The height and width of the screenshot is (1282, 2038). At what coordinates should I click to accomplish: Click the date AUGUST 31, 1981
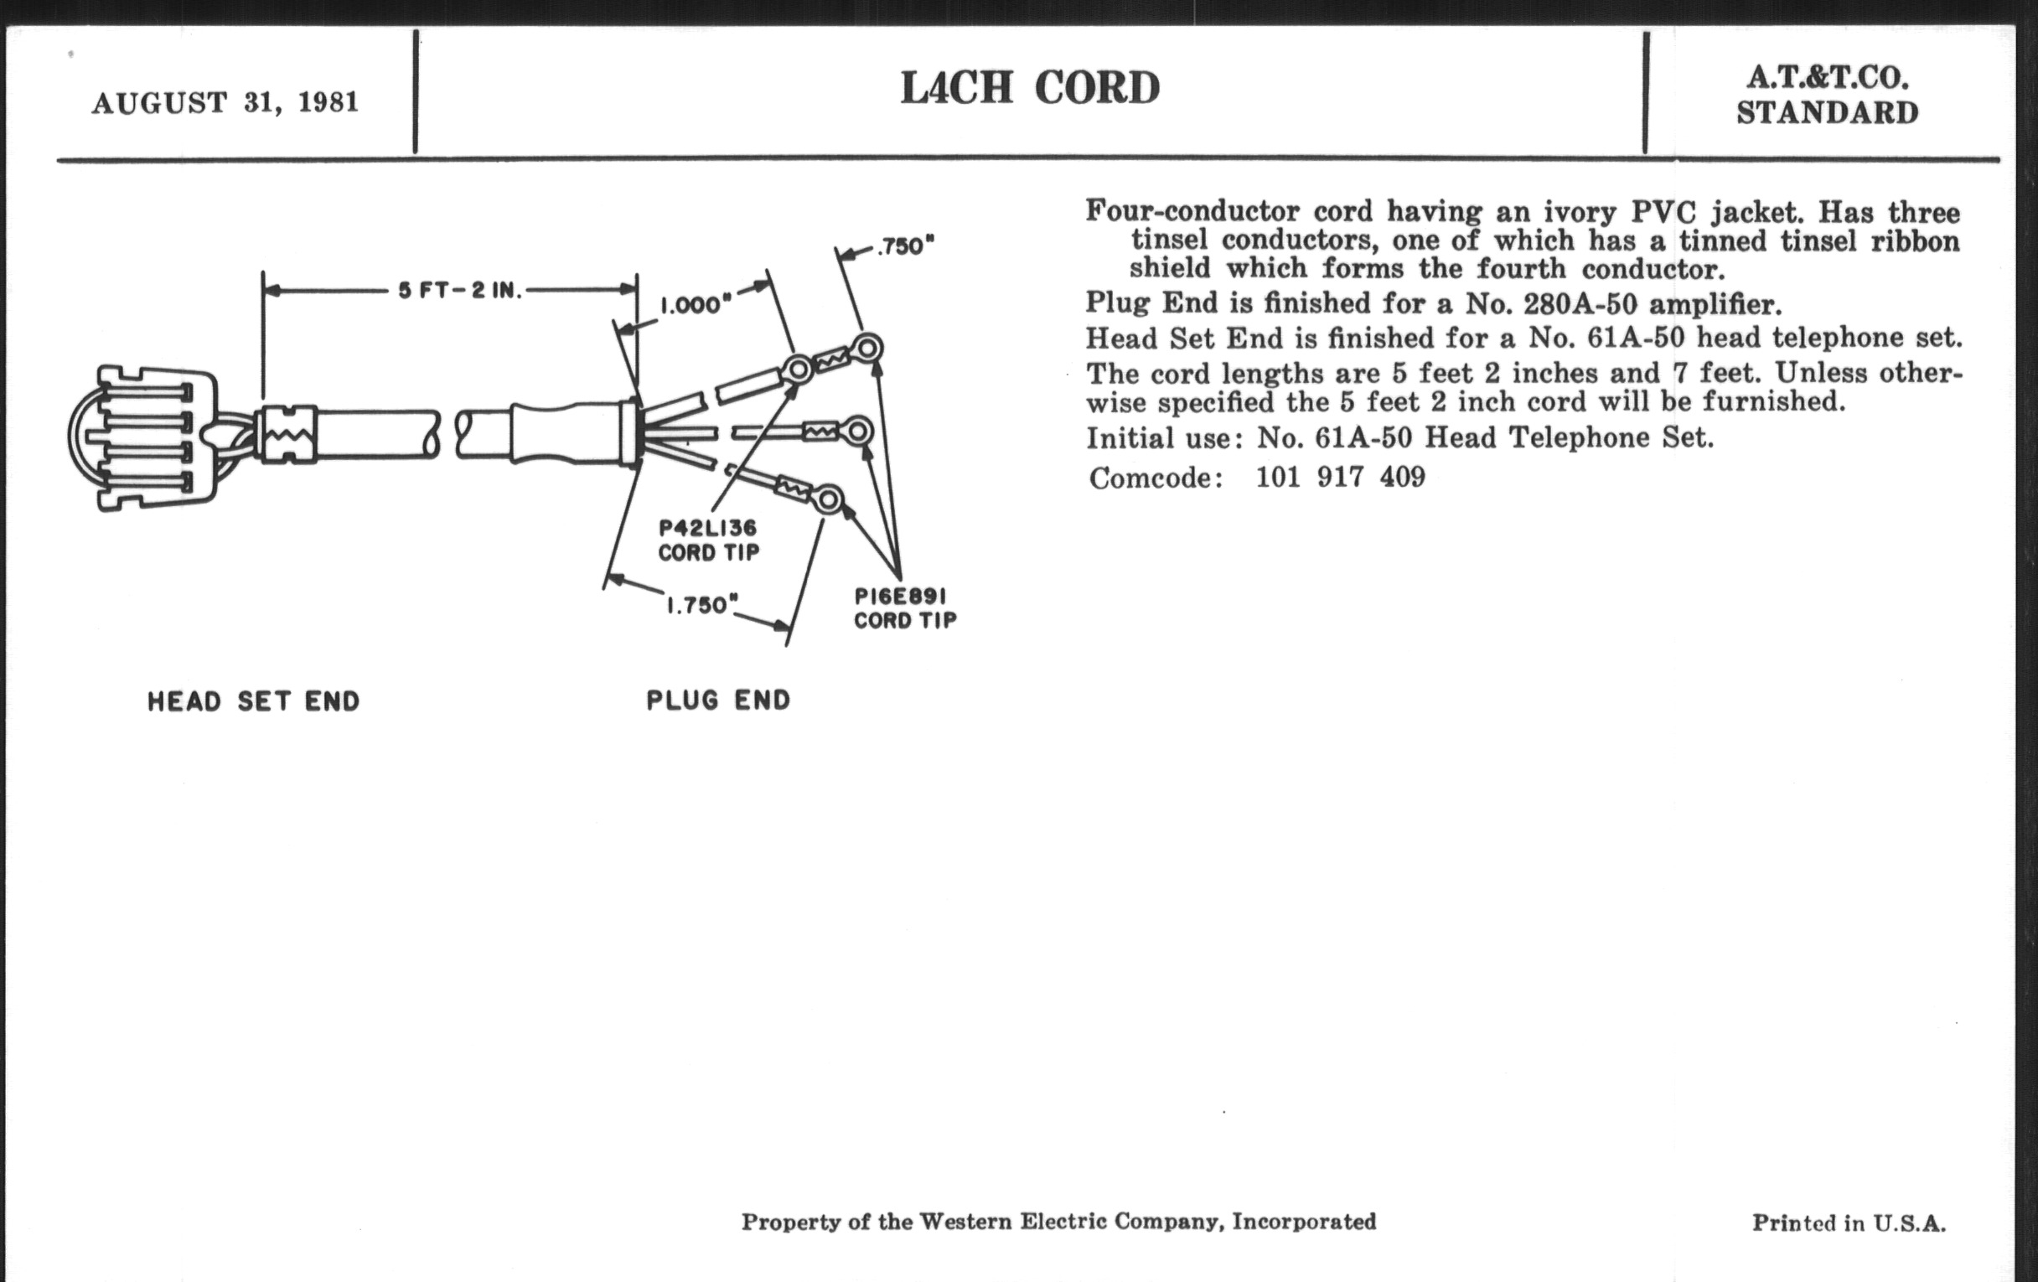point(225,103)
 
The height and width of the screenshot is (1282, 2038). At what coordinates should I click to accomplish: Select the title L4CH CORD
point(1030,88)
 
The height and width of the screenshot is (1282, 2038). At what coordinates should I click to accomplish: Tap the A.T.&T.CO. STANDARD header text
point(1829,95)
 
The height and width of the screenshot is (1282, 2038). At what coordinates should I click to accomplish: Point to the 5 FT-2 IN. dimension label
point(461,290)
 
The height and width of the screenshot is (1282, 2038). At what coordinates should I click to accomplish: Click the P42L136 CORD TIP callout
point(709,540)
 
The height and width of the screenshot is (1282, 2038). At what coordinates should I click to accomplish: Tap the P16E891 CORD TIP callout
point(905,608)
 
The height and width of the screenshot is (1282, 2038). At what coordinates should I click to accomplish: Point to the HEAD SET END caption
point(254,701)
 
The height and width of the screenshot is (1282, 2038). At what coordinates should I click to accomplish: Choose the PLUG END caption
point(718,700)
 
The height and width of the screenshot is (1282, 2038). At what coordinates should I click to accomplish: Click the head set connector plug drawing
point(144,437)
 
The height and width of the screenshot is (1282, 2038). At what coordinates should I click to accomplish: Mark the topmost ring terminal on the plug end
point(866,348)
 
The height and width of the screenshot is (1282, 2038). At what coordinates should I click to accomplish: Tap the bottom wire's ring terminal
point(828,499)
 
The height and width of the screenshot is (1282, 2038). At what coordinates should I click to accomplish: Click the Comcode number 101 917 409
point(1341,478)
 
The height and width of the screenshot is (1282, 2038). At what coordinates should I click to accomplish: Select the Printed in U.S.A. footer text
point(1849,1223)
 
